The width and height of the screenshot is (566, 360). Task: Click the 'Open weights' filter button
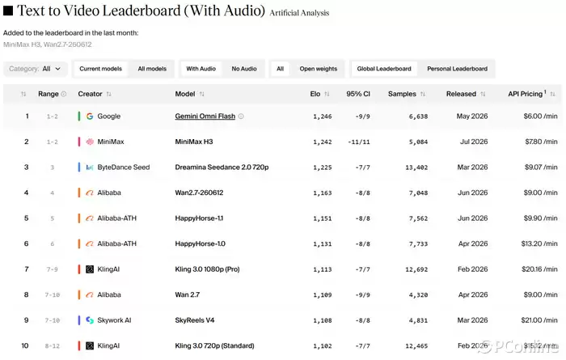coord(318,69)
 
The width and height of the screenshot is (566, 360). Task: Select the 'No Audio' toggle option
coord(244,69)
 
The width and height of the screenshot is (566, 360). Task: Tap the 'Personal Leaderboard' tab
coord(457,69)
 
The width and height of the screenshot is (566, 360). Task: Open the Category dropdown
coord(36,69)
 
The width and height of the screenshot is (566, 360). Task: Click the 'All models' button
coord(152,69)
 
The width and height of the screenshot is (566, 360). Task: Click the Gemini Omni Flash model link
coord(205,116)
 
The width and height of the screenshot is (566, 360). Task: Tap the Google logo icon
coord(90,116)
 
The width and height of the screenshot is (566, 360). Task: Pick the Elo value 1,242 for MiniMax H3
coord(323,142)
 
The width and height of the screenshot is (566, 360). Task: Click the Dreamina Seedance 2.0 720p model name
coord(222,167)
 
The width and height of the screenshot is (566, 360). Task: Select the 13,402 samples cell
coord(416,167)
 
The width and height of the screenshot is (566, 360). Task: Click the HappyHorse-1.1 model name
coord(199,218)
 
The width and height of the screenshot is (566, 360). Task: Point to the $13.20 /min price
coord(539,244)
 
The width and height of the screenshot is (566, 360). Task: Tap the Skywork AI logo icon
coord(90,320)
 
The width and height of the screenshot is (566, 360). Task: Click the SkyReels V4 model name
coord(195,320)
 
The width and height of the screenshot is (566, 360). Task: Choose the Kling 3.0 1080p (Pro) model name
coord(207,269)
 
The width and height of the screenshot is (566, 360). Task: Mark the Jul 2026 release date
coord(474,142)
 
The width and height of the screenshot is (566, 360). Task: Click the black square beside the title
coord(8,11)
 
